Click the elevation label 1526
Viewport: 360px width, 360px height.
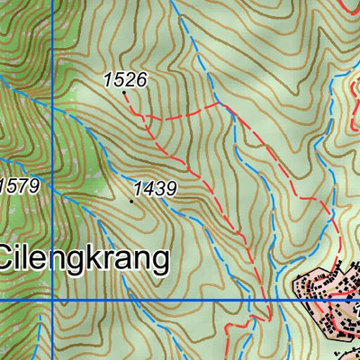click(x=124, y=80)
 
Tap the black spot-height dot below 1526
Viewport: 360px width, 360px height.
click(x=124, y=93)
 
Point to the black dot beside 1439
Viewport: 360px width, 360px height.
click(x=132, y=201)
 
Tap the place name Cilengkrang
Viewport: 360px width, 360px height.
click(x=85, y=259)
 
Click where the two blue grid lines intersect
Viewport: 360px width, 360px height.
click(x=52, y=300)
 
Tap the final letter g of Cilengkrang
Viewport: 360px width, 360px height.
click(x=160, y=262)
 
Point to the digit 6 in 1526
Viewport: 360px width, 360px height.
click(x=140, y=80)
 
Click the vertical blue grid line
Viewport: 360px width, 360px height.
click(x=52, y=135)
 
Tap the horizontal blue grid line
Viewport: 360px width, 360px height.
click(x=180, y=300)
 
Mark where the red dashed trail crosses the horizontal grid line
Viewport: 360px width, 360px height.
click(x=264, y=300)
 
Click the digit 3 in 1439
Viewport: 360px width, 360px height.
click(x=157, y=189)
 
